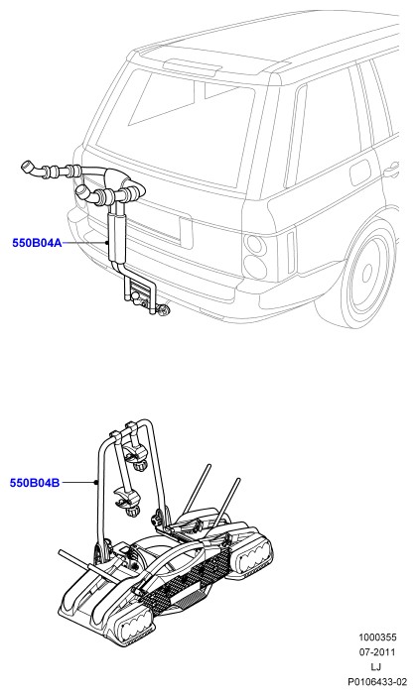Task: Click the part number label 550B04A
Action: (37, 243)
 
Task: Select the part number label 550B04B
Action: (35, 483)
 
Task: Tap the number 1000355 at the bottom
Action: (377, 638)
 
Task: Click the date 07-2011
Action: (377, 652)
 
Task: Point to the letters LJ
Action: (376, 666)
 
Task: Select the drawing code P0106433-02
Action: (377, 681)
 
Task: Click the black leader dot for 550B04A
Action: (107, 243)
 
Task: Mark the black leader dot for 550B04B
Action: (96, 483)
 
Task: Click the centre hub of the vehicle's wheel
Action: (366, 272)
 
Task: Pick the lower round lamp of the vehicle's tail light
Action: (255, 267)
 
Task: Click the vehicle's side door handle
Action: (391, 170)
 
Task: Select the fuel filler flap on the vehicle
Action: (361, 173)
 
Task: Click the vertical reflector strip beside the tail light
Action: (291, 252)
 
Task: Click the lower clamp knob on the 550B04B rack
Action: (133, 511)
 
